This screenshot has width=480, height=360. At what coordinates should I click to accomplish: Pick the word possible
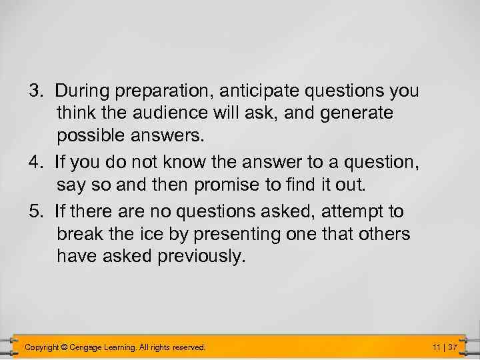coord(87,136)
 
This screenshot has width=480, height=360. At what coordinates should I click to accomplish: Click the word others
coord(385,235)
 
